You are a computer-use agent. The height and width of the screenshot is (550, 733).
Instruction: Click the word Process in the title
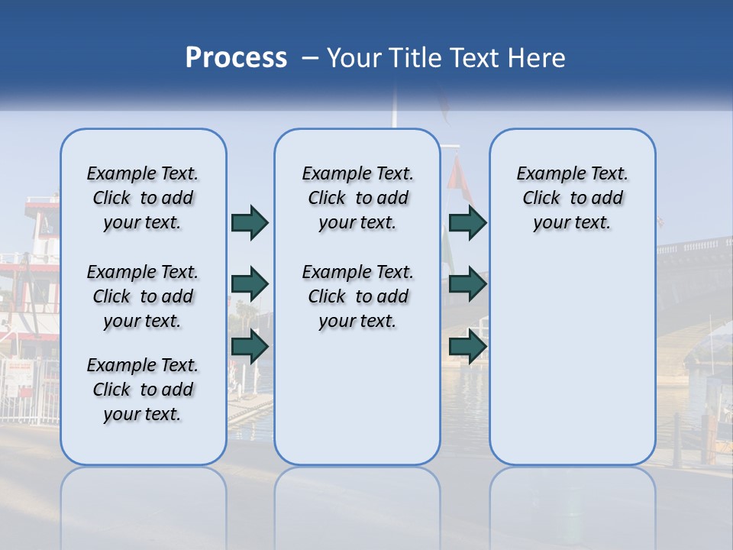pos(236,58)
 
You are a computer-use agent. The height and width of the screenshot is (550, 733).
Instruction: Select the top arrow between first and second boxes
pos(249,222)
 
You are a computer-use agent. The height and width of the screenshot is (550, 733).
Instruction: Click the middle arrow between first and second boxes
pos(249,284)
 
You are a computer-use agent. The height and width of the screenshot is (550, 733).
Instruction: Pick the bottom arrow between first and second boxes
pos(249,346)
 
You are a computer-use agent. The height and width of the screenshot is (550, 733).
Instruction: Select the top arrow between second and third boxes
pos(467,222)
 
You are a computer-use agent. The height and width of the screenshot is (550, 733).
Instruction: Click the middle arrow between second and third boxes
pos(467,284)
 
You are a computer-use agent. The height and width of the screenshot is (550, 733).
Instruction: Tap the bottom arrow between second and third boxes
pos(467,346)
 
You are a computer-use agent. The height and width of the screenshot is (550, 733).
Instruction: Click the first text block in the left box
pos(143,198)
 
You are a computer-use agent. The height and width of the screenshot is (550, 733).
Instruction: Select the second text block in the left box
pos(143,296)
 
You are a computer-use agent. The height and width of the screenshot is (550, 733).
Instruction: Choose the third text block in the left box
pos(143,390)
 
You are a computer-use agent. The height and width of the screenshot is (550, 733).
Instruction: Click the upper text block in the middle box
pos(357,198)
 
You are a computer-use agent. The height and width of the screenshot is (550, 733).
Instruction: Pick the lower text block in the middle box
pos(357,296)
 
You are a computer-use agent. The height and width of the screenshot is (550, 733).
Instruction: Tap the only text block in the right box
pos(572,198)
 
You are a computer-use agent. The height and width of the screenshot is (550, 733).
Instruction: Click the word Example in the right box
pos(545,173)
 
